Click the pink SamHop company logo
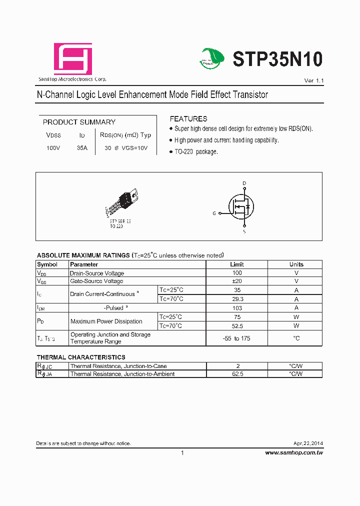point(73,59)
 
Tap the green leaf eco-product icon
point(213,58)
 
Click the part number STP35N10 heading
point(277,59)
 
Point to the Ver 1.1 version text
point(314,80)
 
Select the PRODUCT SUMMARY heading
point(79,122)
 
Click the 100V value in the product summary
point(53,148)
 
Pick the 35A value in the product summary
point(82,148)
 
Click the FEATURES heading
point(188,119)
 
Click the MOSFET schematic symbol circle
point(241,206)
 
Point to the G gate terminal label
point(214,213)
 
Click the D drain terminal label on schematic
point(244,183)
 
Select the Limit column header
point(237,264)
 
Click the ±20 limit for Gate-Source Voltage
point(237,281)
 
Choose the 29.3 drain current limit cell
point(237,298)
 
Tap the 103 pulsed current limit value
point(237,308)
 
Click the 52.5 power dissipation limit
point(237,325)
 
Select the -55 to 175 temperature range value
point(237,338)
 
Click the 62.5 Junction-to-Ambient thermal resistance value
point(237,374)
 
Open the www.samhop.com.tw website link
point(293,452)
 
